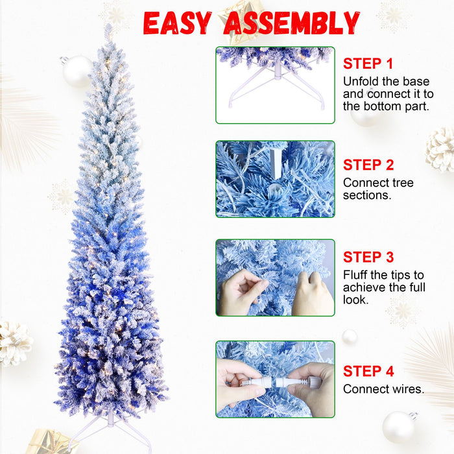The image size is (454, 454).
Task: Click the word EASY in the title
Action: (x=176, y=24)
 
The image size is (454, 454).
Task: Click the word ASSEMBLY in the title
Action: (x=291, y=24)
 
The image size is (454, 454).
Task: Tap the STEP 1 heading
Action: (x=368, y=64)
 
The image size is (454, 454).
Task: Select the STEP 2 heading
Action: (x=368, y=165)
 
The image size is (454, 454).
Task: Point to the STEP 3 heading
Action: (x=368, y=257)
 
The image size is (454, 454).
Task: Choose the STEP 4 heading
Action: (x=368, y=371)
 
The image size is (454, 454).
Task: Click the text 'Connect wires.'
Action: (x=383, y=389)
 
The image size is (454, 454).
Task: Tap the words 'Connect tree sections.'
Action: (x=378, y=189)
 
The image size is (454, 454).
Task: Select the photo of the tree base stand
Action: (x=275, y=85)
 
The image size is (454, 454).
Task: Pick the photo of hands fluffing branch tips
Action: (x=275, y=278)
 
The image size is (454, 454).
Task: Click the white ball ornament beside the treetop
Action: (x=77, y=70)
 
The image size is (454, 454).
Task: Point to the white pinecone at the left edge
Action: (x=14, y=342)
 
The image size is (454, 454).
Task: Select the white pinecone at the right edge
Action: (x=441, y=149)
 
